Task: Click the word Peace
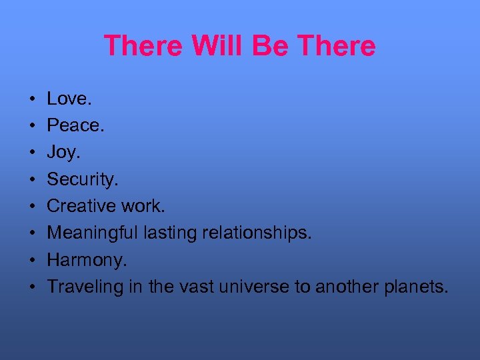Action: click(x=73, y=125)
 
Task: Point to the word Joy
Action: click(x=63, y=153)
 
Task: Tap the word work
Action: click(x=143, y=206)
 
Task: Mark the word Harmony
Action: click(x=85, y=260)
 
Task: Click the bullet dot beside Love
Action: click(x=31, y=99)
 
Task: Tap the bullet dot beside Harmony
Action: click(x=31, y=261)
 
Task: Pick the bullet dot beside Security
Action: click(x=31, y=180)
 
